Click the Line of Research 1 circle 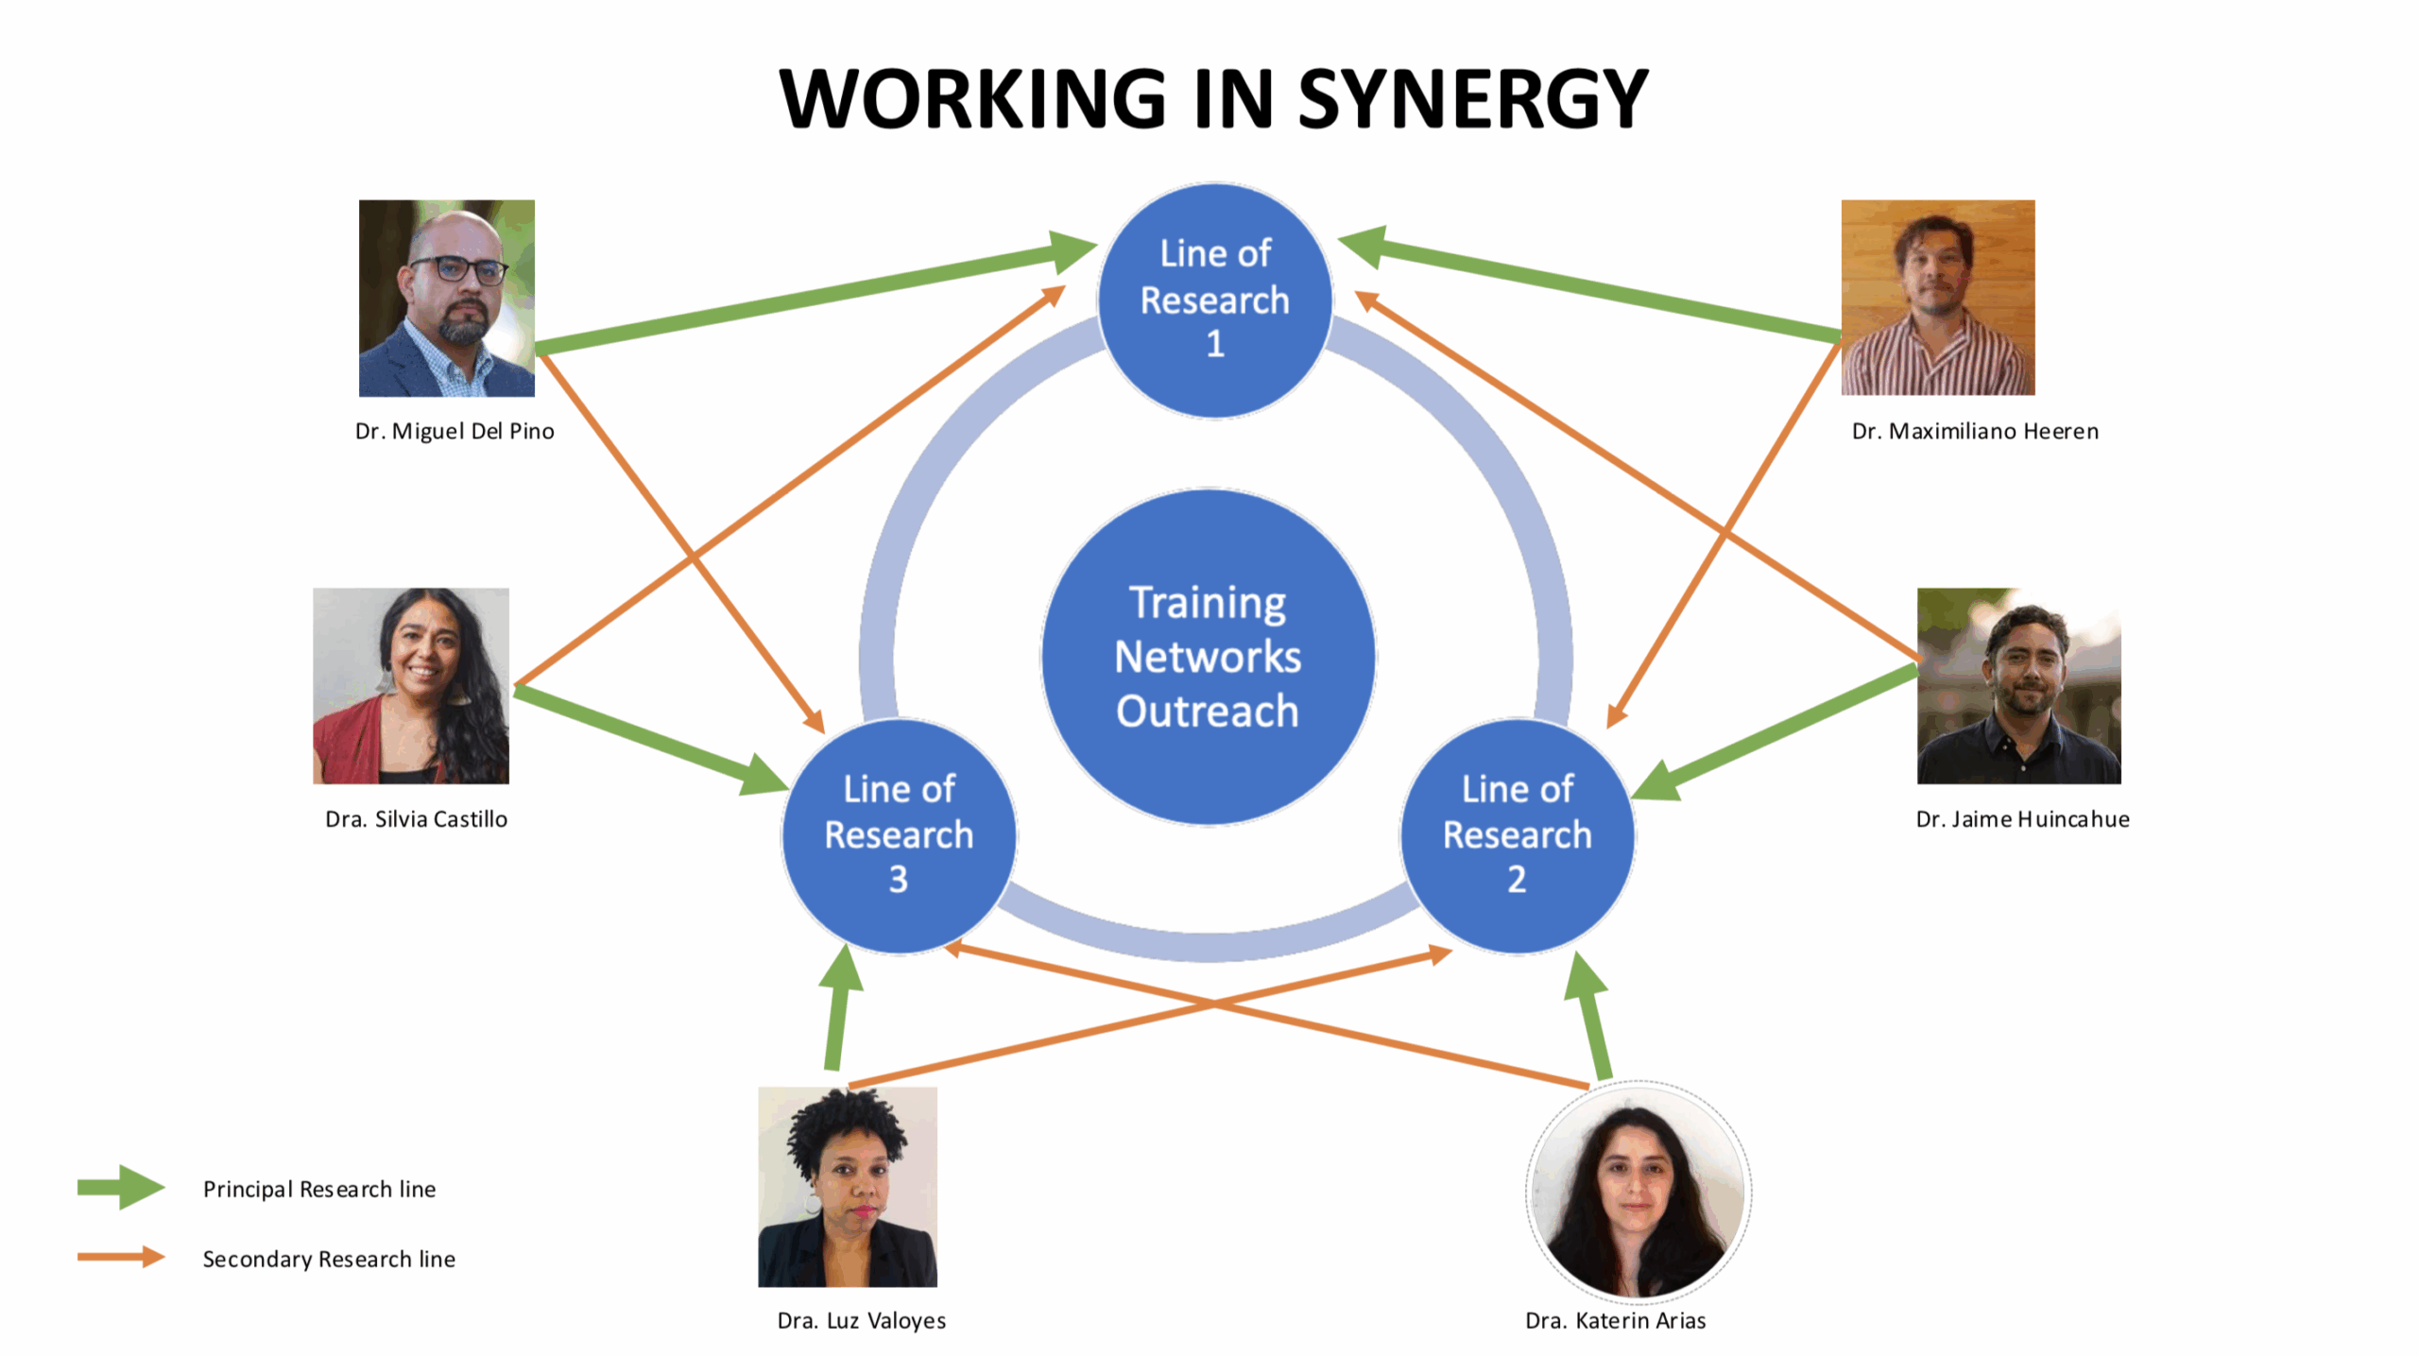(x=1214, y=300)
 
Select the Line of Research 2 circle (x=1517, y=835)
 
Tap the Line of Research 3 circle (x=899, y=835)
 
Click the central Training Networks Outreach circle (x=1208, y=657)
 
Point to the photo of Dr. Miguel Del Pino (x=446, y=298)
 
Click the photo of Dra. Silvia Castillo (x=411, y=685)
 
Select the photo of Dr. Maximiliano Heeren (x=1937, y=298)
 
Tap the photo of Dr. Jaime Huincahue (x=2018, y=685)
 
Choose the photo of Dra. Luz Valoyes (x=848, y=1186)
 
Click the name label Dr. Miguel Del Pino (x=455, y=431)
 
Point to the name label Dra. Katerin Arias (x=1615, y=1320)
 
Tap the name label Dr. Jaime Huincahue (x=2022, y=819)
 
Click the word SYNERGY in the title (x=1473, y=99)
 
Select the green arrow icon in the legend (x=121, y=1187)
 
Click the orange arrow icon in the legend (x=121, y=1257)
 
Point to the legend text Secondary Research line (x=329, y=1259)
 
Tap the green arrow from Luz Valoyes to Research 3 (x=837, y=1011)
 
